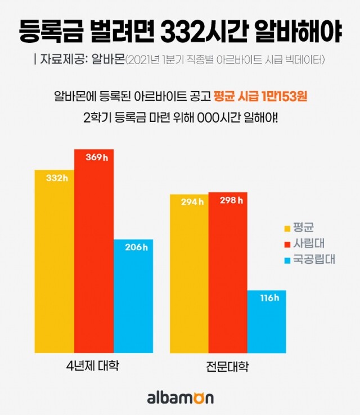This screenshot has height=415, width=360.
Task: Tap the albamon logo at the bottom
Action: (x=180, y=398)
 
